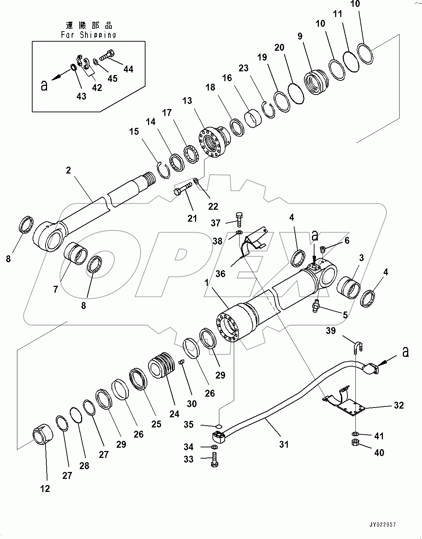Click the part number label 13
[187, 100]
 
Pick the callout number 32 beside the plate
[399, 405]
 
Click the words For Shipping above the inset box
[88, 35]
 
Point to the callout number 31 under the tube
[284, 444]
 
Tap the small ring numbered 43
[73, 67]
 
